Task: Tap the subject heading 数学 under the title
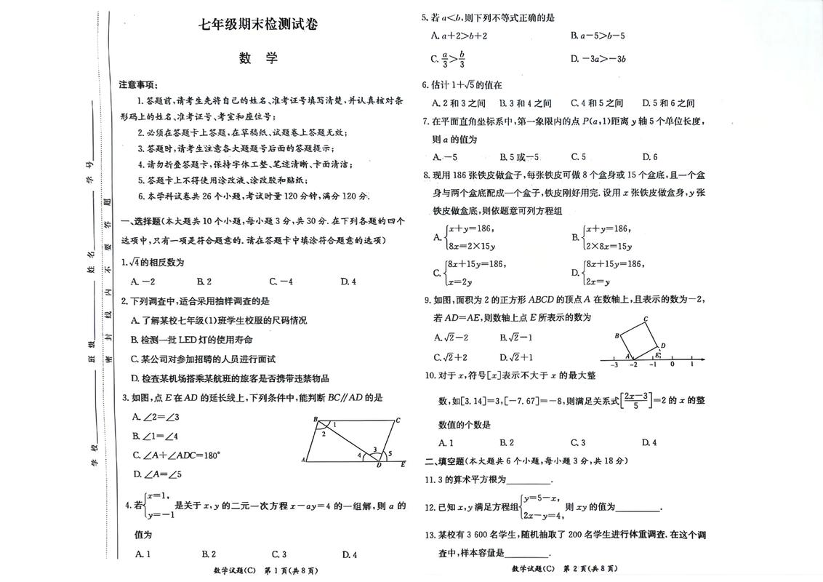click(259, 60)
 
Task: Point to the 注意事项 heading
click(138, 85)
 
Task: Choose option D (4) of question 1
click(348, 282)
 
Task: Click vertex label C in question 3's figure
click(398, 420)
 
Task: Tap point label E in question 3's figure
click(403, 464)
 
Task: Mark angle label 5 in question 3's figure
click(390, 454)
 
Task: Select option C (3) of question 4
click(278, 555)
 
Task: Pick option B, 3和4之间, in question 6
click(526, 103)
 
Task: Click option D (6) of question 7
click(650, 156)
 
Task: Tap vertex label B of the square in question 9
click(617, 335)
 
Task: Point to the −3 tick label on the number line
click(614, 365)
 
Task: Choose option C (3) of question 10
click(578, 442)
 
